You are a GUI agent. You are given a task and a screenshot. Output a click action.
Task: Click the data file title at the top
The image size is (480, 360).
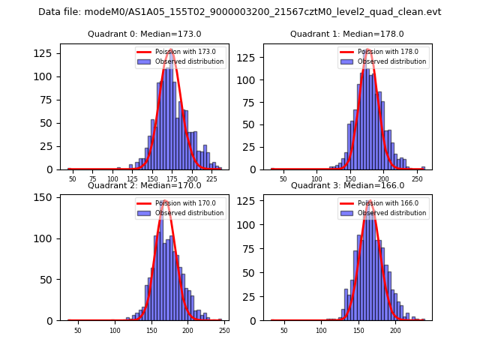pyautogui.click(x=240, y=12)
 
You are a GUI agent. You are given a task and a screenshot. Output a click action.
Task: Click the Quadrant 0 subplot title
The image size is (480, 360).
pyautogui.click(x=145, y=34)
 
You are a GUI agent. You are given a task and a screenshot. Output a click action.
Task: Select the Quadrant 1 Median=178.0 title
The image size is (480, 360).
pyautogui.click(x=347, y=34)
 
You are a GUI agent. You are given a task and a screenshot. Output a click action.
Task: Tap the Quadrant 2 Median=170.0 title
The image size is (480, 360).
pyautogui.click(x=145, y=185)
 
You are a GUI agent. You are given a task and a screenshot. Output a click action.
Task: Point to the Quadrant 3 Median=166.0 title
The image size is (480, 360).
pyautogui.click(x=347, y=185)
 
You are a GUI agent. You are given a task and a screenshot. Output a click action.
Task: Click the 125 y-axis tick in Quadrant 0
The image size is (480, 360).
pyautogui.click(x=48, y=53)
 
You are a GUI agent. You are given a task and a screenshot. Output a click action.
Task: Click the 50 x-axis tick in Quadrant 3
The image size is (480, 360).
pyautogui.click(x=283, y=330)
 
